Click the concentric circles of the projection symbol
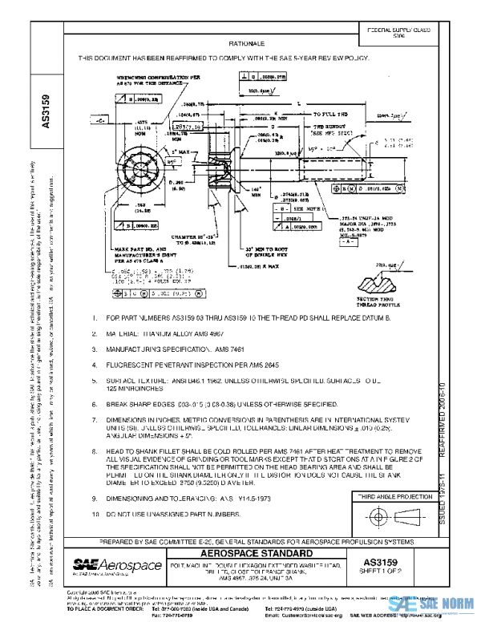[x=376, y=517]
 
